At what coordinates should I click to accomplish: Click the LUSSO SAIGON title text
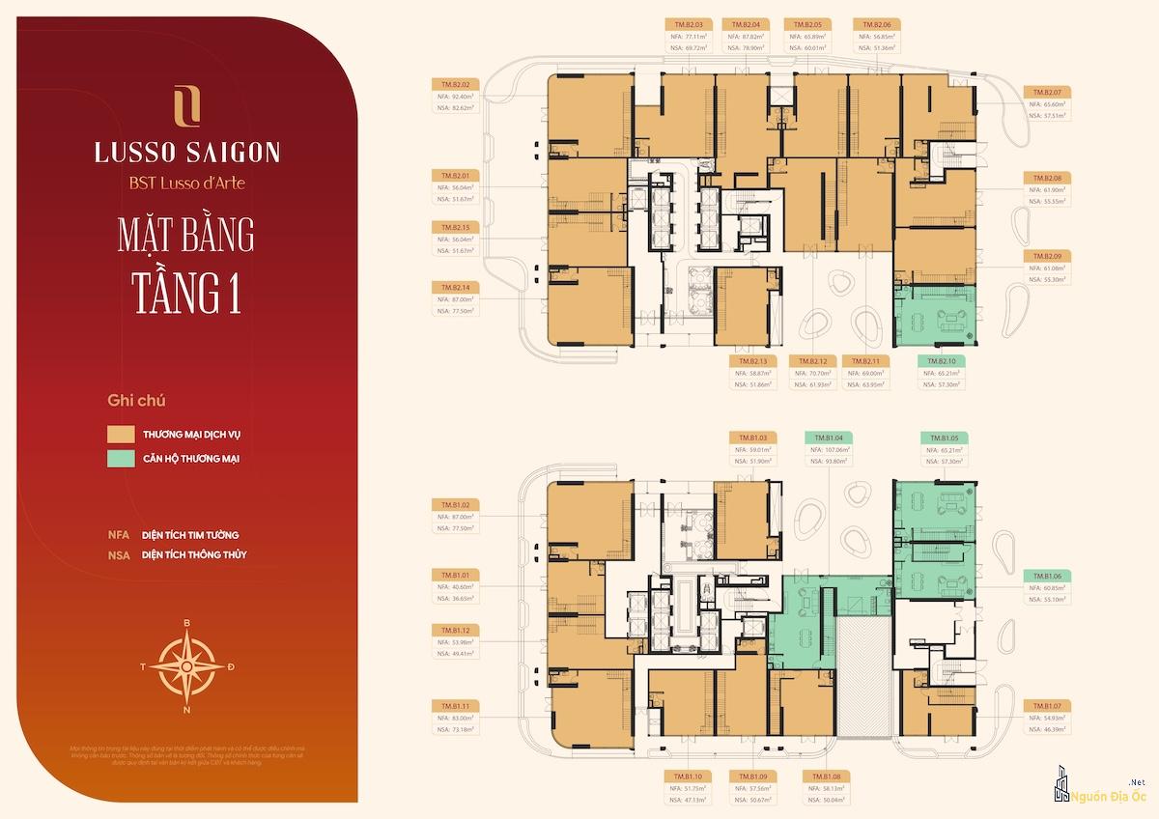click(x=187, y=153)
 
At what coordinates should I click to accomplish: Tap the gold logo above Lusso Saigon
click(x=186, y=106)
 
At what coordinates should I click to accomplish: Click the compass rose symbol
click(x=186, y=666)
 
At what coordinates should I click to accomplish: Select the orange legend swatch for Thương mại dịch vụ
click(x=121, y=434)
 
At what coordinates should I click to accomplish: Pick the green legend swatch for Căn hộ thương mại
click(x=121, y=458)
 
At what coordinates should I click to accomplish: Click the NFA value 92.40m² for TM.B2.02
click(x=466, y=97)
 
